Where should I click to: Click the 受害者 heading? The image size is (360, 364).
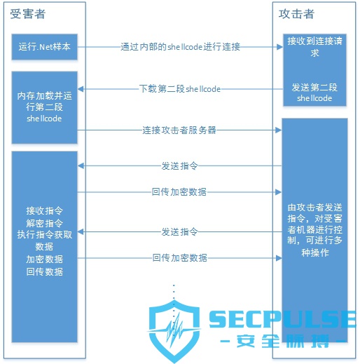27,14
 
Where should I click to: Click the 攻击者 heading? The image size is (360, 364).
296,14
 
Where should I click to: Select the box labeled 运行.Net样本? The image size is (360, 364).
45,47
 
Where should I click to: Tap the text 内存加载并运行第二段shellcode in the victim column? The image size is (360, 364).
44,107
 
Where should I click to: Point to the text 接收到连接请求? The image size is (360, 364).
314,47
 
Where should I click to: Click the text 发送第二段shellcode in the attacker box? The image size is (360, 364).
314,93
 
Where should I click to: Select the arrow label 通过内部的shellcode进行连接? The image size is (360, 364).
180,47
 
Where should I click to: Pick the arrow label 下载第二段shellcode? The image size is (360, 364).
180,89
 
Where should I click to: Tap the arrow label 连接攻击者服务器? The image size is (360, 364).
179,130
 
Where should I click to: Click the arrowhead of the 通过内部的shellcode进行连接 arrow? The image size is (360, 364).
279,47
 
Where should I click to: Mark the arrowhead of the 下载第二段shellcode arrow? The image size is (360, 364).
81,89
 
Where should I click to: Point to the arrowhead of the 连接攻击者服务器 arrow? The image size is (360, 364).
279,130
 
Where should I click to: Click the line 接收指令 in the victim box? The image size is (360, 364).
44,210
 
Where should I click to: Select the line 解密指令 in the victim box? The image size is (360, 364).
44,223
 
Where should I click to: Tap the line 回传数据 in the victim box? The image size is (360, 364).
44,271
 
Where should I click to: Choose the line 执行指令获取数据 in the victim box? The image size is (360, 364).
44,241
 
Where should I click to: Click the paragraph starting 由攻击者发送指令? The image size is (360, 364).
314,230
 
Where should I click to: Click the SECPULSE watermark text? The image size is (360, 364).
282,319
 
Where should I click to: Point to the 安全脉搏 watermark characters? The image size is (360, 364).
283,341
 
